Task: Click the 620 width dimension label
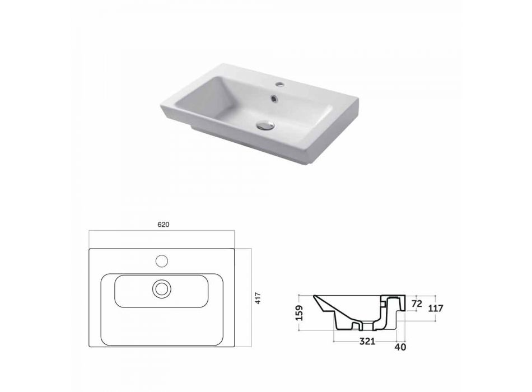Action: pos(163,225)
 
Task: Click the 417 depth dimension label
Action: pos(258,298)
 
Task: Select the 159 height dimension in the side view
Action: pos(299,312)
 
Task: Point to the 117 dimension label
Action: pos(436,308)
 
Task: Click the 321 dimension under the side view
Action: pos(367,341)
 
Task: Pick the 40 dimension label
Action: pos(401,347)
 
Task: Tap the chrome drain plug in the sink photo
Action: pos(265,125)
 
